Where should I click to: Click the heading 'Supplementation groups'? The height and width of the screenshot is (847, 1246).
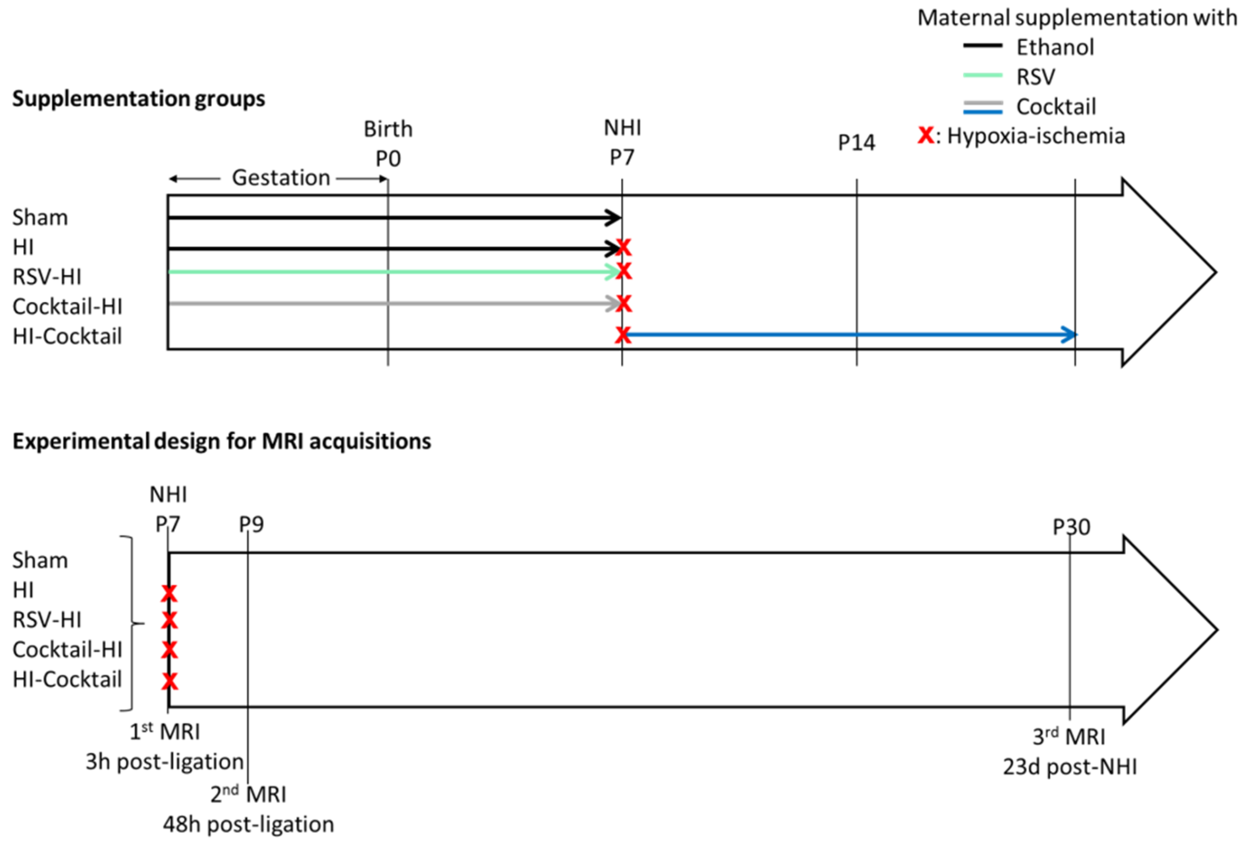[x=138, y=99]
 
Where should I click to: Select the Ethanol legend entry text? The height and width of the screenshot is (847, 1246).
[x=1055, y=48]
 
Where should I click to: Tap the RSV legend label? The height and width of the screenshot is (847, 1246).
[x=1035, y=77]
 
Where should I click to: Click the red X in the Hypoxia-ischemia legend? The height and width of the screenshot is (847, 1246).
[x=926, y=136]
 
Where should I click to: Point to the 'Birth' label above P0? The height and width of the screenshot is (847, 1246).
[x=388, y=129]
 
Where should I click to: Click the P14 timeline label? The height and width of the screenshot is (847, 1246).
[x=856, y=142]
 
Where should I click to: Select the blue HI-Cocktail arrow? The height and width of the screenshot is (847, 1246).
[x=847, y=335]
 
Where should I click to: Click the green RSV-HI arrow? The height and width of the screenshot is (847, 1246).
[x=391, y=272]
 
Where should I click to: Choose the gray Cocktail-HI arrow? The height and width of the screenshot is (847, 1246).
[x=391, y=303]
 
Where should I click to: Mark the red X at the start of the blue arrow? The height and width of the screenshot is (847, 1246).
[x=622, y=335]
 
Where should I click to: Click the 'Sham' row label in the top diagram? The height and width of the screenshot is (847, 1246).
[x=40, y=218]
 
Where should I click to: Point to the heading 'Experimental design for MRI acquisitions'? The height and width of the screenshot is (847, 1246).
[x=221, y=442]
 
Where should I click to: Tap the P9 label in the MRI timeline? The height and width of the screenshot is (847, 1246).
[x=251, y=524]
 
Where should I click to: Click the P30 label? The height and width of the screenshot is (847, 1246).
[x=1070, y=527]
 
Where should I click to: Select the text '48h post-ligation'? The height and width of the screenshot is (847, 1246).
[x=248, y=824]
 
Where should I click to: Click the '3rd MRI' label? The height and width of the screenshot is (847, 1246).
[x=1069, y=736]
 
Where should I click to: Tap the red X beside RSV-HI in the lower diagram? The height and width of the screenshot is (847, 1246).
[x=170, y=620]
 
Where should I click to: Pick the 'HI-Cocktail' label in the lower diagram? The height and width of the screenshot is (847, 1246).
[x=67, y=680]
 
